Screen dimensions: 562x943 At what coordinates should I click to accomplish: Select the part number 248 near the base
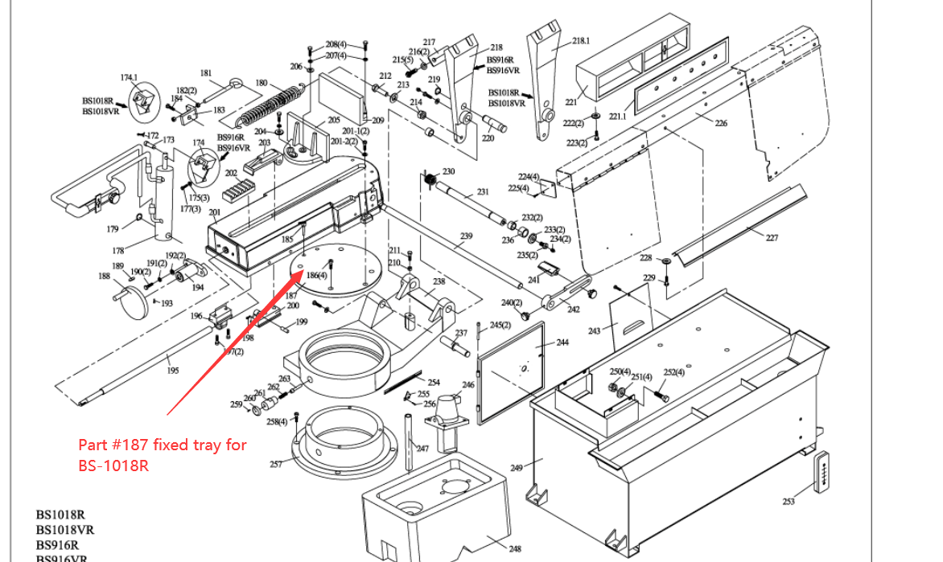(x=515, y=549)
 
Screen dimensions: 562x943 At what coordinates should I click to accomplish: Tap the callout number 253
(x=788, y=502)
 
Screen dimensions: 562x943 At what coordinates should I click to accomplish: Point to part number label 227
(x=772, y=238)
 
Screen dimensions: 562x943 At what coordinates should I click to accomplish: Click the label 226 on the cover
(x=720, y=123)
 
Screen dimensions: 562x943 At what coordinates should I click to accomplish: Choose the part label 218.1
(x=580, y=40)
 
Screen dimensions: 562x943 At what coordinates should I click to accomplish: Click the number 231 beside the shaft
(x=483, y=191)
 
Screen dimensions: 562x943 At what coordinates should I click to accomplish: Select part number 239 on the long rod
(x=467, y=236)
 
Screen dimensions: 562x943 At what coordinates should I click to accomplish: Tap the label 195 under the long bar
(x=173, y=370)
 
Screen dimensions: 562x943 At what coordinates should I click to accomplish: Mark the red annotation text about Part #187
(x=162, y=455)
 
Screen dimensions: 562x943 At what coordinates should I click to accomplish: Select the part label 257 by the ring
(x=275, y=464)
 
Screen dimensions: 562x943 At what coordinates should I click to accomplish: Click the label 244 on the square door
(x=562, y=343)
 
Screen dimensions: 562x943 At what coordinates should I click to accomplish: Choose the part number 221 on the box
(x=571, y=102)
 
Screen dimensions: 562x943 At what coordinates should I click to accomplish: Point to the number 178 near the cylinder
(x=117, y=251)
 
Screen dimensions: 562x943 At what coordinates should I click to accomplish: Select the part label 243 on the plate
(x=594, y=331)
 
